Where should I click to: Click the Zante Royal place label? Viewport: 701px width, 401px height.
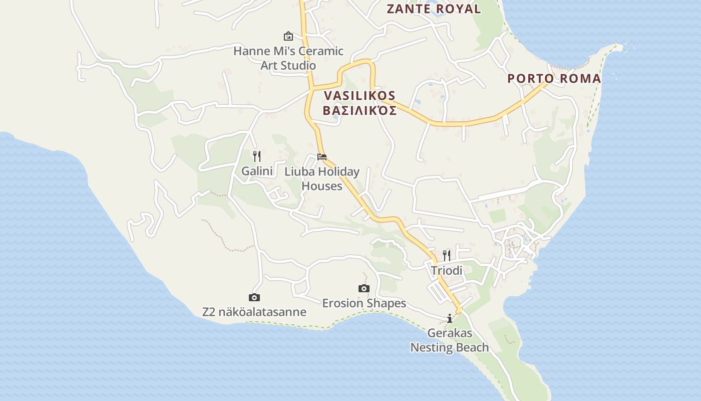[x=434, y=9]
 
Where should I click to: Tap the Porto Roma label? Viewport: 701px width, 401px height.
[x=554, y=78]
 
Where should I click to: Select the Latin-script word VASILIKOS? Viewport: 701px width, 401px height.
[x=360, y=95]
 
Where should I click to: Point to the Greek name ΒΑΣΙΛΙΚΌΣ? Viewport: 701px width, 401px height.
[x=360, y=110]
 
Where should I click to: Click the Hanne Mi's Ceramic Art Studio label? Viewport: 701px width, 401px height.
[x=288, y=58]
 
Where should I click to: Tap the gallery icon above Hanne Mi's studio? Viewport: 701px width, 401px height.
[x=288, y=36]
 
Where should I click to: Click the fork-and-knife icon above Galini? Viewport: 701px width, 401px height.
[x=257, y=156]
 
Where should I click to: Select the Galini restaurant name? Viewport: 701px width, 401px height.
[x=257, y=171]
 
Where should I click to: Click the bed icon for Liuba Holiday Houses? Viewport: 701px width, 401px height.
[x=322, y=157]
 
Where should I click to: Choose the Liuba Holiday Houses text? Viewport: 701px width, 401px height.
[x=322, y=178]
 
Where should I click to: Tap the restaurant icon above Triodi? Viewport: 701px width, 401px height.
[x=447, y=256]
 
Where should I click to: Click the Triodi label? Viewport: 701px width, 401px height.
[x=447, y=270]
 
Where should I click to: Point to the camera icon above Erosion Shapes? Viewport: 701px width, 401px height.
[x=364, y=288]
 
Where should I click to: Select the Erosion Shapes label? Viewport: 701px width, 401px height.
[x=364, y=303]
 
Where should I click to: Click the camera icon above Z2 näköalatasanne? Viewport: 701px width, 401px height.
[x=254, y=297]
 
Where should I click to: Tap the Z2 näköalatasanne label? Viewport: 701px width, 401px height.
[x=254, y=312]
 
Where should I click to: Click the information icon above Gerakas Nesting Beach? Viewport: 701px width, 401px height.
[x=450, y=318]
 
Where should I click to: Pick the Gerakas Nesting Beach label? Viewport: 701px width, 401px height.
[x=450, y=340]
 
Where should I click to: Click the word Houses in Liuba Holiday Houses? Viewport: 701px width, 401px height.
[x=322, y=186]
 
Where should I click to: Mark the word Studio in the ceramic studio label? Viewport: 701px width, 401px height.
[x=298, y=65]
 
